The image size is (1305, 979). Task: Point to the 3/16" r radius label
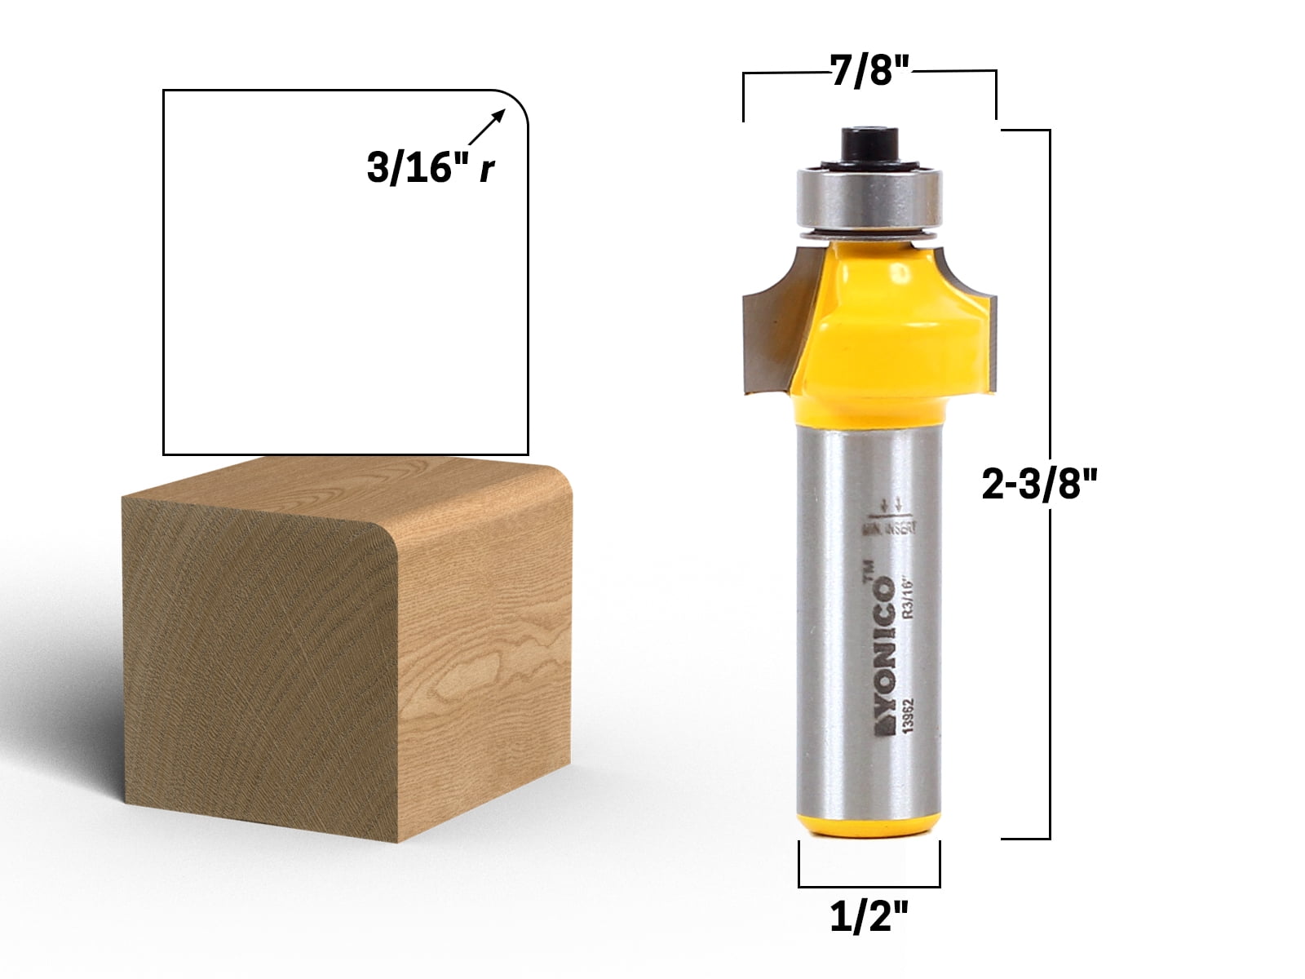(431, 169)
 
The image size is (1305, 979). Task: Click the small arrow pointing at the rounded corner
(488, 129)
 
